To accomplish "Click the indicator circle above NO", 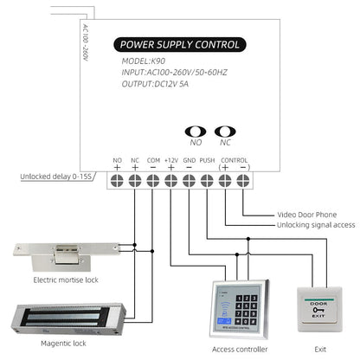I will tap(196, 132).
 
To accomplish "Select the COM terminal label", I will tap(152, 160).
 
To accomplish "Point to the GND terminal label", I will tap(189, 160).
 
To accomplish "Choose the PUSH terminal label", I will tap(207, 160).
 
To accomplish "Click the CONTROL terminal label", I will tap(235, 160).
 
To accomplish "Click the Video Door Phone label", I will tap(306, 214).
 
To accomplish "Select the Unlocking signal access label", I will tap(315, 224).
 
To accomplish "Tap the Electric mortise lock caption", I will tap(65, 280).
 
